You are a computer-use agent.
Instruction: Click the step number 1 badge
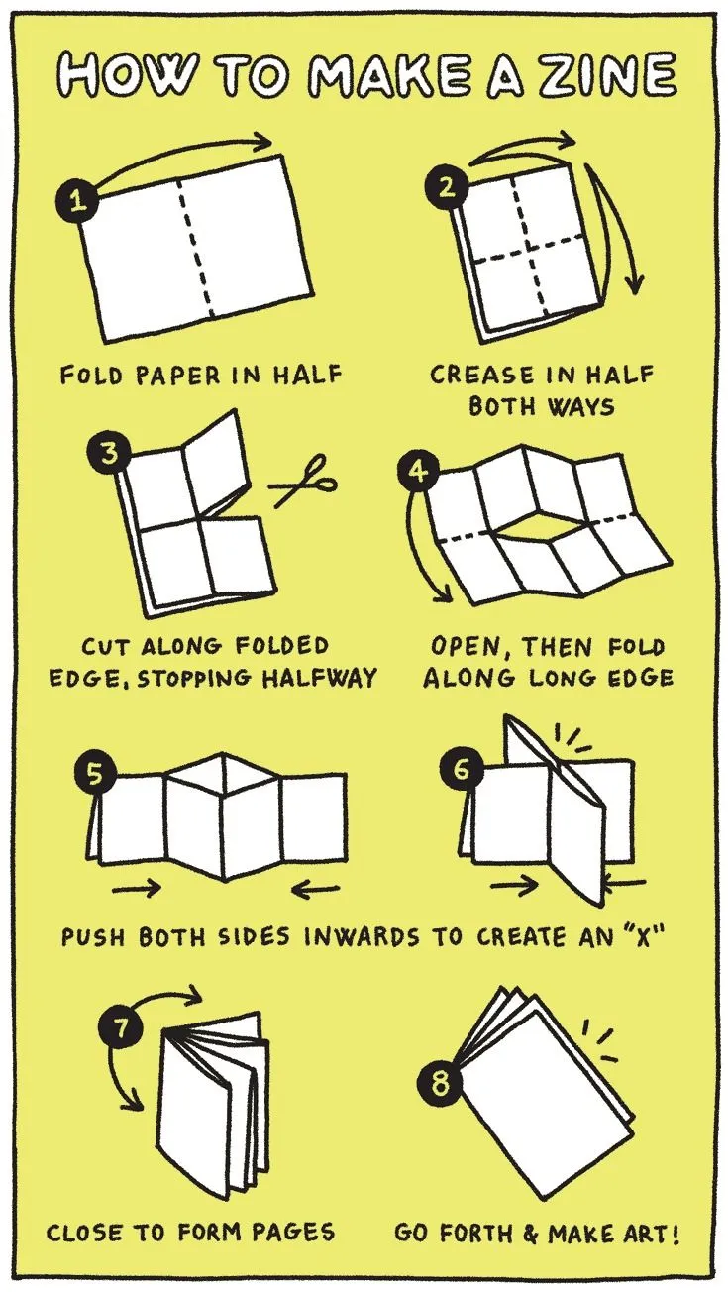[x=74, y=202]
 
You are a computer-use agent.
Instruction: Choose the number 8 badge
[x=441, y=1083]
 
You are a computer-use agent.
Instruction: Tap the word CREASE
[x=482, y=376]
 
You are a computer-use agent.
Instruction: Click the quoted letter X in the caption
[x=642, y=936]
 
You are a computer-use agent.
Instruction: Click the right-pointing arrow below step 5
[x=137, y=889]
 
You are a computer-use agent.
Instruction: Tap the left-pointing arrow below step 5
[x=316, y=889]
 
